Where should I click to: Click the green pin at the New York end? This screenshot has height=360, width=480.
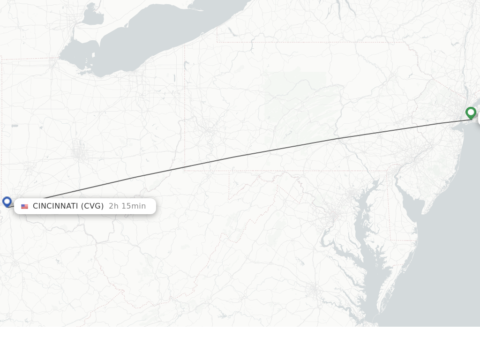[471, 112]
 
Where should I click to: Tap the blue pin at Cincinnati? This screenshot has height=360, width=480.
[7, 202]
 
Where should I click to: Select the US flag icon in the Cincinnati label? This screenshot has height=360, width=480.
[24, 206]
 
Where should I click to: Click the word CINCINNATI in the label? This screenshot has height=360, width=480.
[55, 206]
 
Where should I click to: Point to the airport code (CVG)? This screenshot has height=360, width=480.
[92, 206]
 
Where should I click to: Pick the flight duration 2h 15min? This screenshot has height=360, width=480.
[127, 206]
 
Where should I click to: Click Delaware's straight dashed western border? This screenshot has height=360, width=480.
[389, 206]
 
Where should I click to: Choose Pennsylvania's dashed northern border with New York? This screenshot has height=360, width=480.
[305, 42]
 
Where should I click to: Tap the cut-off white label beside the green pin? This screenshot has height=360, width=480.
[479, 119]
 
